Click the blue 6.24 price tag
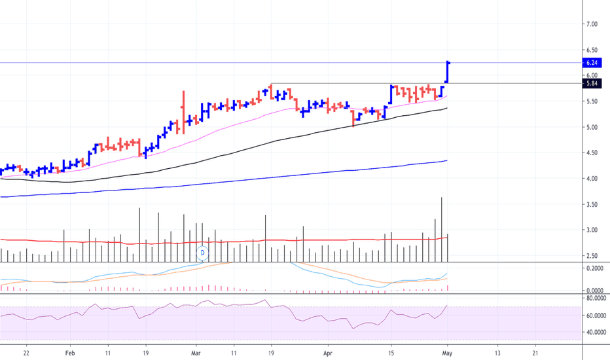click(592, 63)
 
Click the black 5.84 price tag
click(592, 83)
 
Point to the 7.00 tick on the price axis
click(592, 24)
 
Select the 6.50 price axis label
click(592, 50)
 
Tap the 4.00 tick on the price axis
click(592, 179)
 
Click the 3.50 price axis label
click(592, 204)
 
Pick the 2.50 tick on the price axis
click(592, 256)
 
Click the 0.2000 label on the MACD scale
click(595, 268)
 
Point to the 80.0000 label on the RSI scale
click(596, 298)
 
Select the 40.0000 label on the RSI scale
click(596, 333)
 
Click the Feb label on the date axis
click(70, 353)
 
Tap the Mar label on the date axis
click(196, 353)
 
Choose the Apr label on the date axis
click(328, 353)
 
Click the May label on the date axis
click(448, 353)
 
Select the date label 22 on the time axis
click(26, 353)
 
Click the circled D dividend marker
click(202, 253)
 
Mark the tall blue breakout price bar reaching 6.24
click(448, 72)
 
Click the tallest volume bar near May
click(441, 230)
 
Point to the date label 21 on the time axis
click(535, 353)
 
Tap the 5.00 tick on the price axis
click(592, 127)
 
